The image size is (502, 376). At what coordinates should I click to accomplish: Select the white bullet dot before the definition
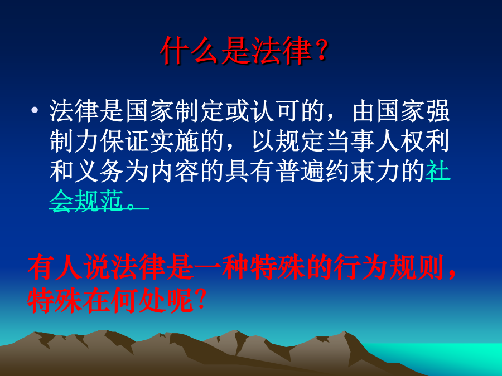[35, 110]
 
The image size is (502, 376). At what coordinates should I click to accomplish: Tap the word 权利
[425, 141]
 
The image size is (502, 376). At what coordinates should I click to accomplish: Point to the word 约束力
[363, 171]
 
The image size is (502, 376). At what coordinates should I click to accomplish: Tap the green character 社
[438, 171]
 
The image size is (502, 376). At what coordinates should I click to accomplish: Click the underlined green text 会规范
[86, 201]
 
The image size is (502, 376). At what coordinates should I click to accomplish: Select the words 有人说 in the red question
[69, 267]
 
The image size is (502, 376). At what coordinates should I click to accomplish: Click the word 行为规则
[389, 267]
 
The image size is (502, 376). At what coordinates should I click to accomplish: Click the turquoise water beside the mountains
[442, 357]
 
